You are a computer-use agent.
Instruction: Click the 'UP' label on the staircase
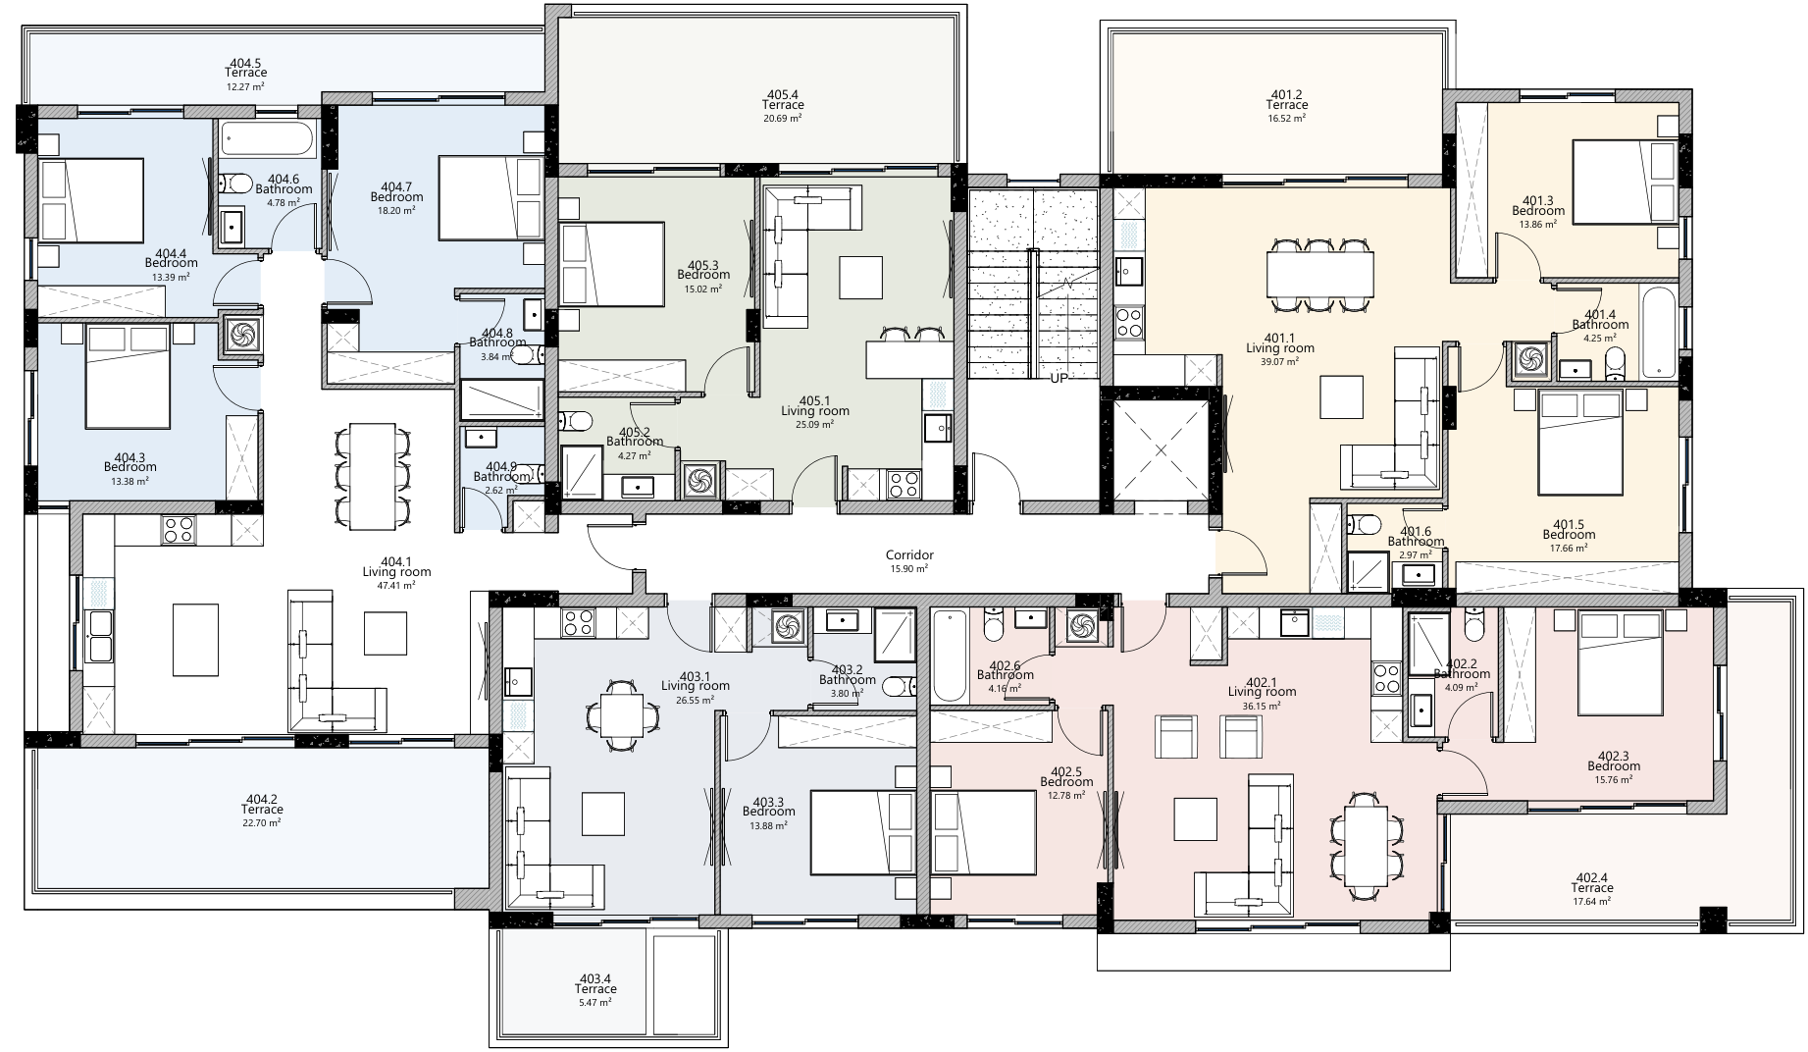[1059, 378]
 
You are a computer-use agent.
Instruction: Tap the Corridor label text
[909, 555]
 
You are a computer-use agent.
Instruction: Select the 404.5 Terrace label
[245, 73]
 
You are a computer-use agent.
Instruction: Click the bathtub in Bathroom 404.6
[267, 140]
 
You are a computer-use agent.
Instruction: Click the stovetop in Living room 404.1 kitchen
[179, 530]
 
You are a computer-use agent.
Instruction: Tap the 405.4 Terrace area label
[783, 105]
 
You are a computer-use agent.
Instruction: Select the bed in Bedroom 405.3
[611, 263]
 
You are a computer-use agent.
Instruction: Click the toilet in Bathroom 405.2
[577, 422]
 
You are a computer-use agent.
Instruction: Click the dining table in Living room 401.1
[1319, 274]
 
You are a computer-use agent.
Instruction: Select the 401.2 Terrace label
[1286, 105]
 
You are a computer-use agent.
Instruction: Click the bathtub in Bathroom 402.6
[949, 656]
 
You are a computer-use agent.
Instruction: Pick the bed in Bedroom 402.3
[1621, 663]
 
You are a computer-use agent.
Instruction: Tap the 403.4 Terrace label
[595, 984]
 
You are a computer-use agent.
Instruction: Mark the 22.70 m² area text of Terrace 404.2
[262, 823]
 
